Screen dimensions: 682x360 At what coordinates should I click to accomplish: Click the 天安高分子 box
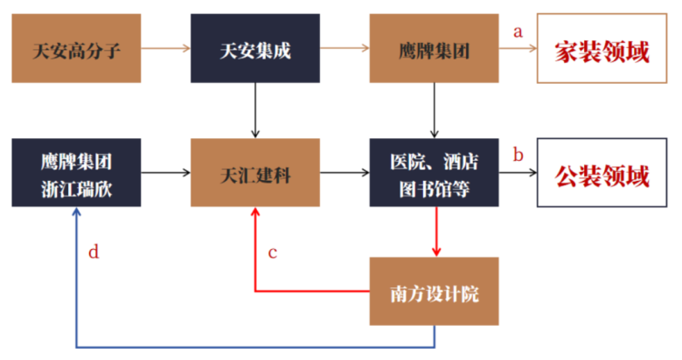pos(76,48)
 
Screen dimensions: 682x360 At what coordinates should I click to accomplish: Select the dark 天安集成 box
pos(255,48)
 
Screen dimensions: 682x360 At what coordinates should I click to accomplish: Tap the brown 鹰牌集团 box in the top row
pos(434,48)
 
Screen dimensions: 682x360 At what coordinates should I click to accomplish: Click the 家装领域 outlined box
pos(602,48)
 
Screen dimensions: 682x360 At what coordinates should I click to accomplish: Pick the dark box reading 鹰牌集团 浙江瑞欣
pos(76,173)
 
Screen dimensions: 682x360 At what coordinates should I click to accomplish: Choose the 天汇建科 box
pos(255,173)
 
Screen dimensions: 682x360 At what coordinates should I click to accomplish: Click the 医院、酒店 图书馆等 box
pos(434,173)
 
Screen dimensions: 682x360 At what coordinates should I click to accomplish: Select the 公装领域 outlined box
pos(602,173)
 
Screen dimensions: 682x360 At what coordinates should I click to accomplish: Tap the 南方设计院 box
pos(434,291)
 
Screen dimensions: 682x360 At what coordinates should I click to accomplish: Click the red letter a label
pos(518,31)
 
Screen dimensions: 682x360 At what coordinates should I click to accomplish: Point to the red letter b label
pos(518,155)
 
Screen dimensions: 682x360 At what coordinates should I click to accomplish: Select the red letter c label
pos(273,253)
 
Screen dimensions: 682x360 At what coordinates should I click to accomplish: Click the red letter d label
pos(94,252)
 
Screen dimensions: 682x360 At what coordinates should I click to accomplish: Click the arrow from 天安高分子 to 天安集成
pos(166,48)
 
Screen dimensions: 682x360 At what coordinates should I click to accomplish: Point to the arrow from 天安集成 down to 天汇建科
pos(255,110)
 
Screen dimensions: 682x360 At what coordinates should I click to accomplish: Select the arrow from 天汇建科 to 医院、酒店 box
pos(344,173)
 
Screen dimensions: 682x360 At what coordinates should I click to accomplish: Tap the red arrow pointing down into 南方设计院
pos(436,232)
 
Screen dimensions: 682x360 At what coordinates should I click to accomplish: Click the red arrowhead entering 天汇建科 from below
pos(255,211)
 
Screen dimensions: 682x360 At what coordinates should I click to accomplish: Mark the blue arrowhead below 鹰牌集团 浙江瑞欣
pos(77,211)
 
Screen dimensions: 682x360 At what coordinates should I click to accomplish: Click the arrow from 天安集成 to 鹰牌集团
pos(344,48)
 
